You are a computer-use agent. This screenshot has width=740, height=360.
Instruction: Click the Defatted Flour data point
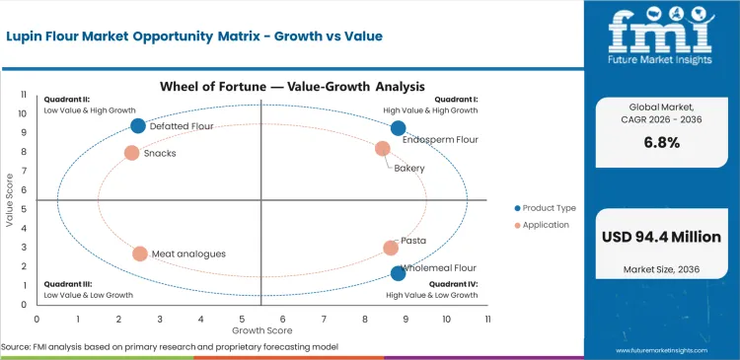tap(138, 125)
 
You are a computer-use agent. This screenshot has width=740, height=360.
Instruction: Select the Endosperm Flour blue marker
tap(398, 128)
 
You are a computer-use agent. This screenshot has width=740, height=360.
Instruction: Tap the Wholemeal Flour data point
tap(398, 273)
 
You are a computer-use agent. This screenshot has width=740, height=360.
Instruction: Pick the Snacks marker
tap(131, 153)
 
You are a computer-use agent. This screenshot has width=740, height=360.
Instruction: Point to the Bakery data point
tap(383, 149)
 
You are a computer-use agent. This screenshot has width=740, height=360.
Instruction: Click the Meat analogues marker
tap(140, 253)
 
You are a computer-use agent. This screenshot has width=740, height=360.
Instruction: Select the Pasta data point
tap(391, 249)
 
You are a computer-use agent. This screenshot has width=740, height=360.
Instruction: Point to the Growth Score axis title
tap(261, 329)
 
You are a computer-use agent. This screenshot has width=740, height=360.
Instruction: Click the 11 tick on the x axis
tap(487, 319)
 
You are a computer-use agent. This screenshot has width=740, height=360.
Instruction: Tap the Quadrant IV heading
tap(455, 284)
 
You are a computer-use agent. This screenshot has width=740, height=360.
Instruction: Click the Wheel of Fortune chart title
tap(264, 87)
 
